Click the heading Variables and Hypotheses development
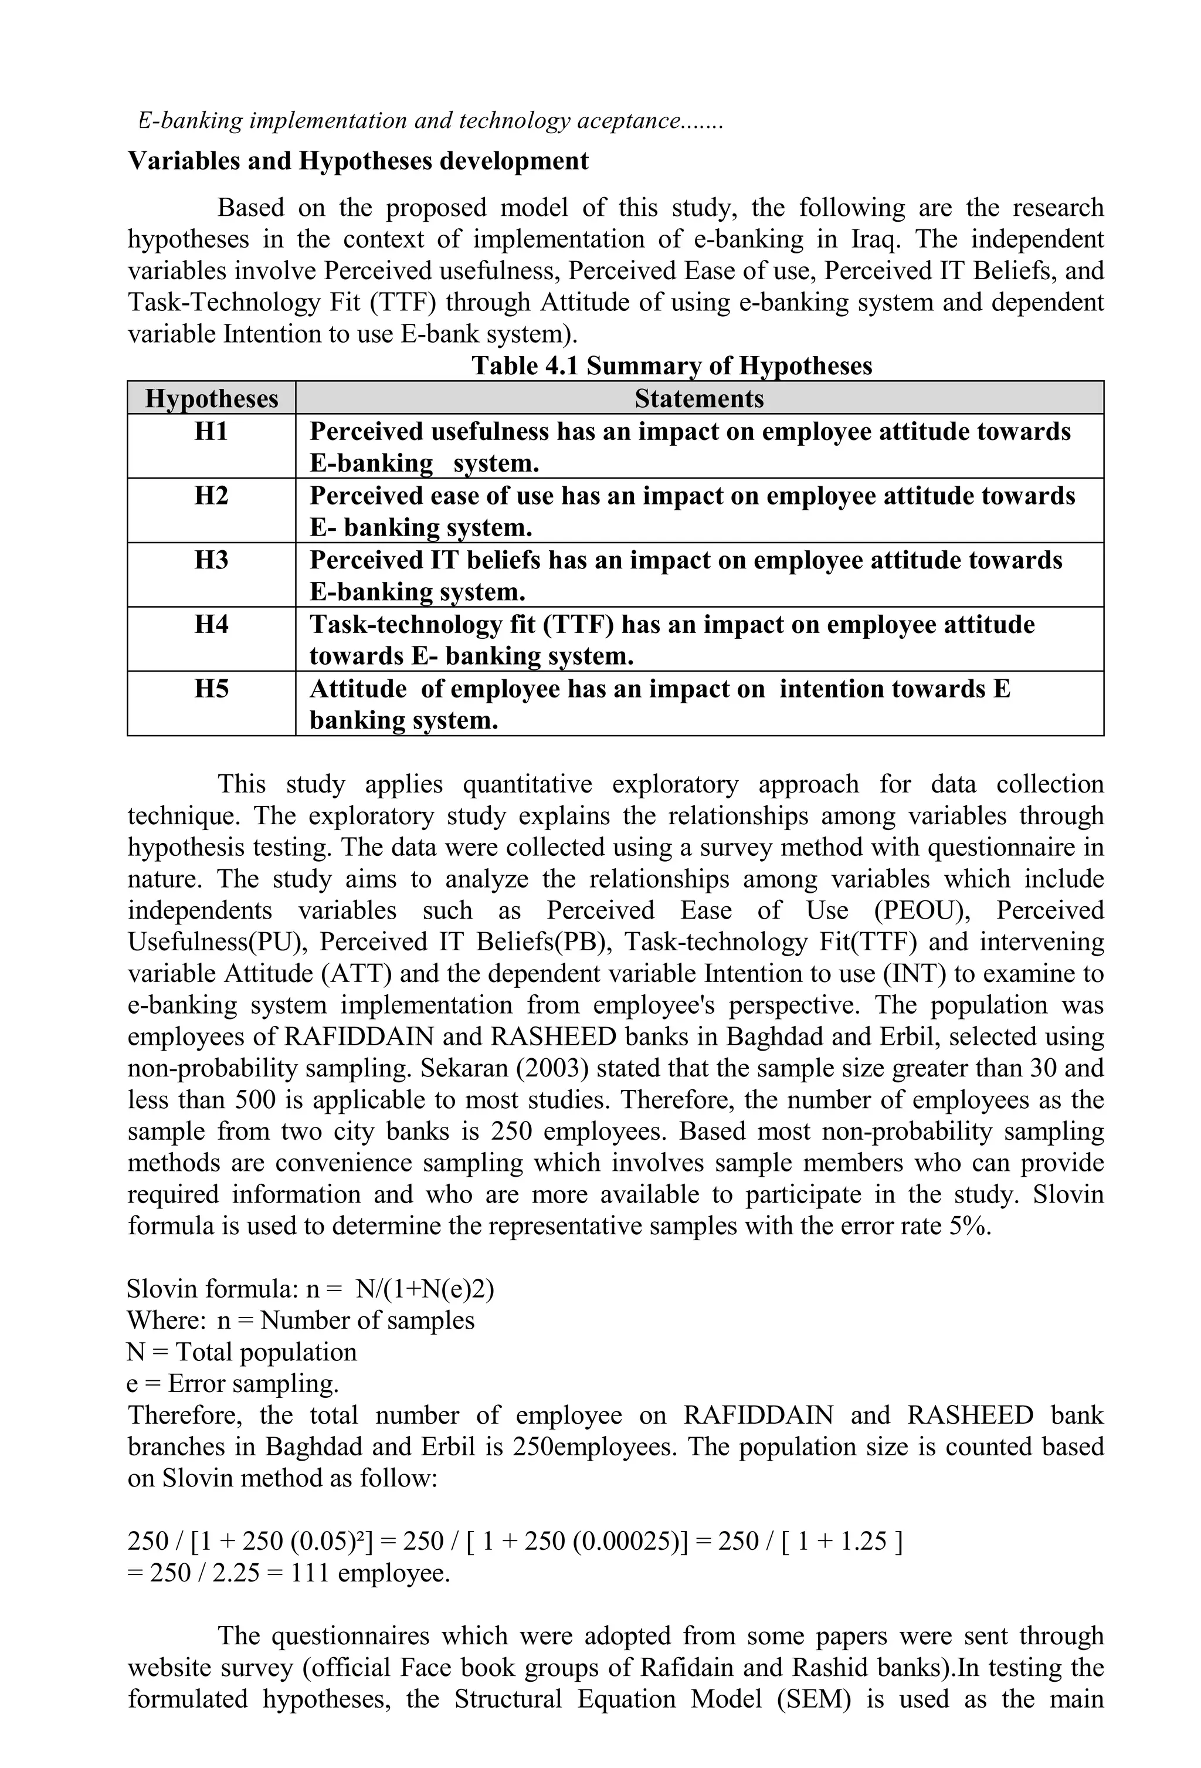(x=358, y=161)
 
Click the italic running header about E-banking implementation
(x=430, y=121)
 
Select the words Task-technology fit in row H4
(x=422, y=625)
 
